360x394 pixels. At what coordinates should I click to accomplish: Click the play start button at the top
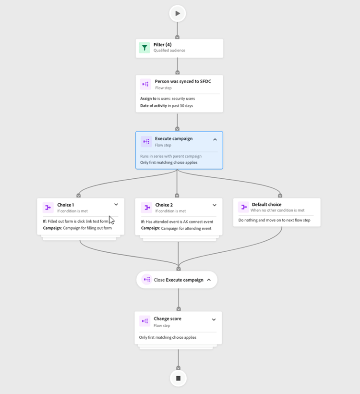coord(178,13)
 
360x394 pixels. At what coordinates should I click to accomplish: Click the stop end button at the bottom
coord(178,378)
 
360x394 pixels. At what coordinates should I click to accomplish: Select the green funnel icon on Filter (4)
coord(144,48)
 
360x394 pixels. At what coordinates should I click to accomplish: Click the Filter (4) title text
coord(162,45)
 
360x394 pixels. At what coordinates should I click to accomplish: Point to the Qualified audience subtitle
coord(169,50)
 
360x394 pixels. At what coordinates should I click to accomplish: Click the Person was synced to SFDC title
coord(182,82)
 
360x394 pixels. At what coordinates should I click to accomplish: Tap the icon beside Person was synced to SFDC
coord(145,84)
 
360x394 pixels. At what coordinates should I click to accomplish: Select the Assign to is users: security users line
coord(164,98)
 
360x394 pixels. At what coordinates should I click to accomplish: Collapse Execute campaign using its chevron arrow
coord(215,139)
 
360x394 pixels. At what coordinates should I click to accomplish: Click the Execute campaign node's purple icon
coord(145,141)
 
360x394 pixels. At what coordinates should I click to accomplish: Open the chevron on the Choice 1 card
coord(116,205)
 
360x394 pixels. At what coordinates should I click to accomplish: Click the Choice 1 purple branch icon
coord(48,207)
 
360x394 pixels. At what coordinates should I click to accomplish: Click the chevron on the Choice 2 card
coord(215,205)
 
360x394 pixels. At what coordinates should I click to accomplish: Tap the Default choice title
coord(266,205)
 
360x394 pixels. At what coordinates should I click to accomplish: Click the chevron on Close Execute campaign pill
coord(209,280)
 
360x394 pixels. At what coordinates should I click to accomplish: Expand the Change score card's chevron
coord(214,320)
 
